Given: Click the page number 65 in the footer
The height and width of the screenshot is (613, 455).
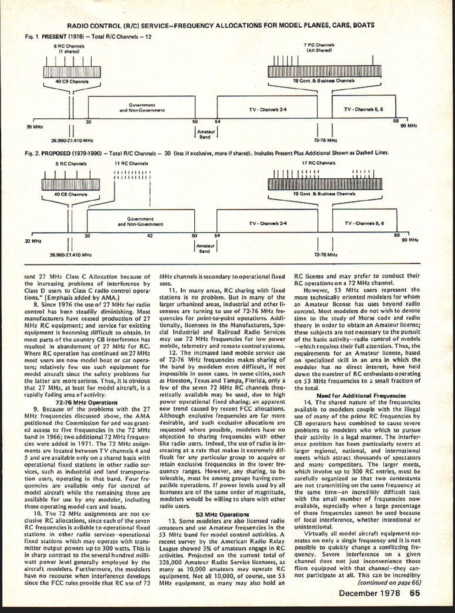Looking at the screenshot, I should click(x=414, y=593).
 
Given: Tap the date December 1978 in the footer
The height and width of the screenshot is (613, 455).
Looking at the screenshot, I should click(x=370, y=593).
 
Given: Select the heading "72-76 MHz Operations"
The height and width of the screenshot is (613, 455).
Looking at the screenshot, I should click(x=87, y=402).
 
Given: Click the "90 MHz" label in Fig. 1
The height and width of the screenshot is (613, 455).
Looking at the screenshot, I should click(x=409, y=125).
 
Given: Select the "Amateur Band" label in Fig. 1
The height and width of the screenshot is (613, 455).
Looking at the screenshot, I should click(x=205, y=134).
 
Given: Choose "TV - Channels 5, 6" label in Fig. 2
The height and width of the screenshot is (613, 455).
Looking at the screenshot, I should click(x=364, y=223).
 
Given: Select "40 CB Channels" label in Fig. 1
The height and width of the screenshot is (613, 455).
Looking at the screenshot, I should click(x=71, y=81).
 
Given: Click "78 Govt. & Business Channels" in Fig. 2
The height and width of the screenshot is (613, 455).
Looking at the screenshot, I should click(x=324, y=194).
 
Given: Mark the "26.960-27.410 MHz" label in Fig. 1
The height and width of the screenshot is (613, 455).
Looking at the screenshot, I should click(x=72, y=140).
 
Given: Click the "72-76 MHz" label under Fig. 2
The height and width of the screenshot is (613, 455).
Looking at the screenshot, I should click(x=326, y=254).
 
